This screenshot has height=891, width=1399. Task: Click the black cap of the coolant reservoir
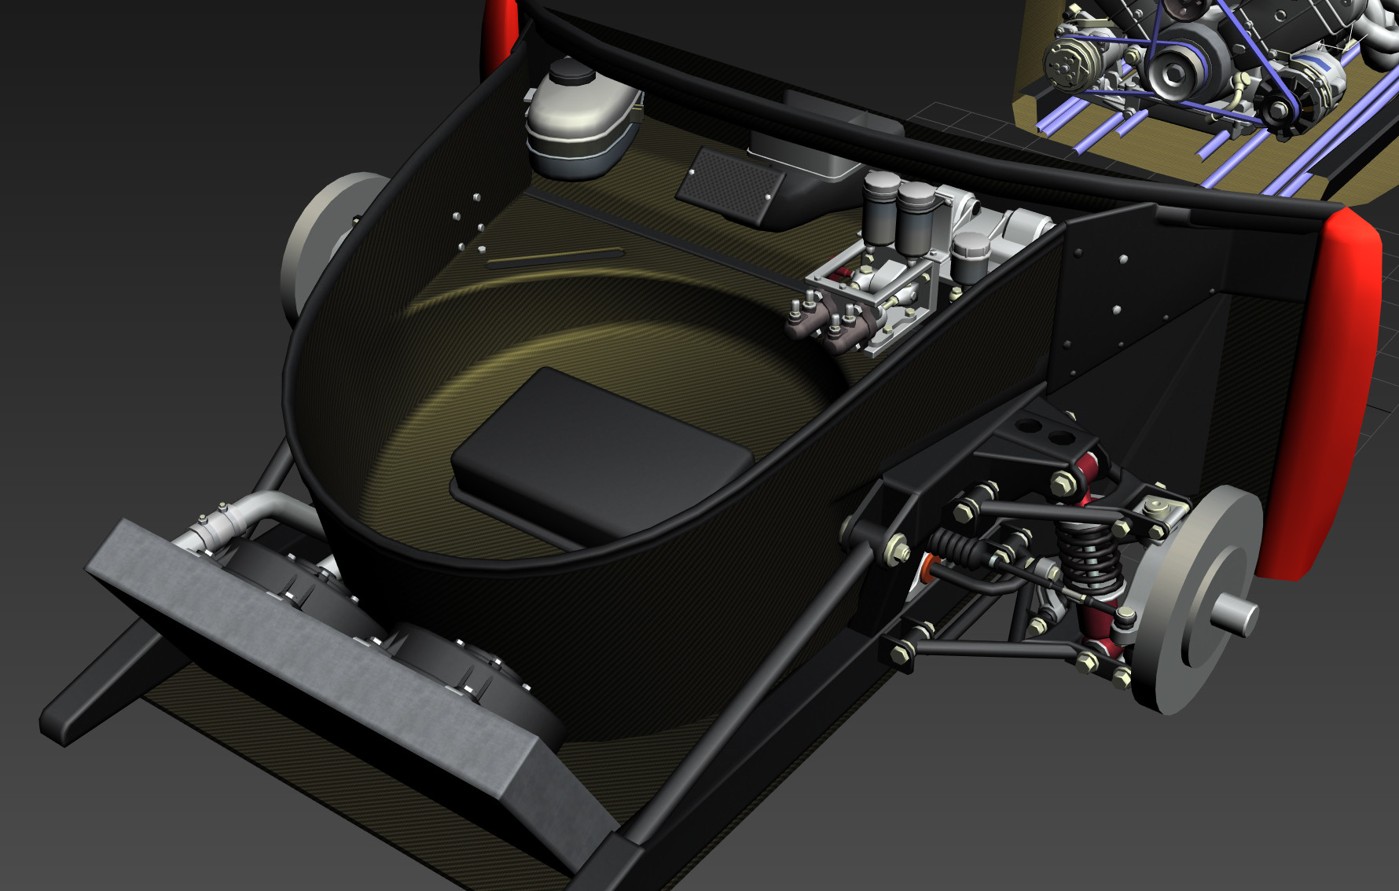click(x=571, y=72)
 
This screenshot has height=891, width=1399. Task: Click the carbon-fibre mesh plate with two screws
click(x=730, y=185)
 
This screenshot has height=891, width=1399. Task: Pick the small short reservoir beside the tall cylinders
click(x=970, y=256)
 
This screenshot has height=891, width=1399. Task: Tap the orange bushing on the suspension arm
click(x=928, y=567)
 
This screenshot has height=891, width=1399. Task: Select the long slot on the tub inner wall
click(x=554, y=258)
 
